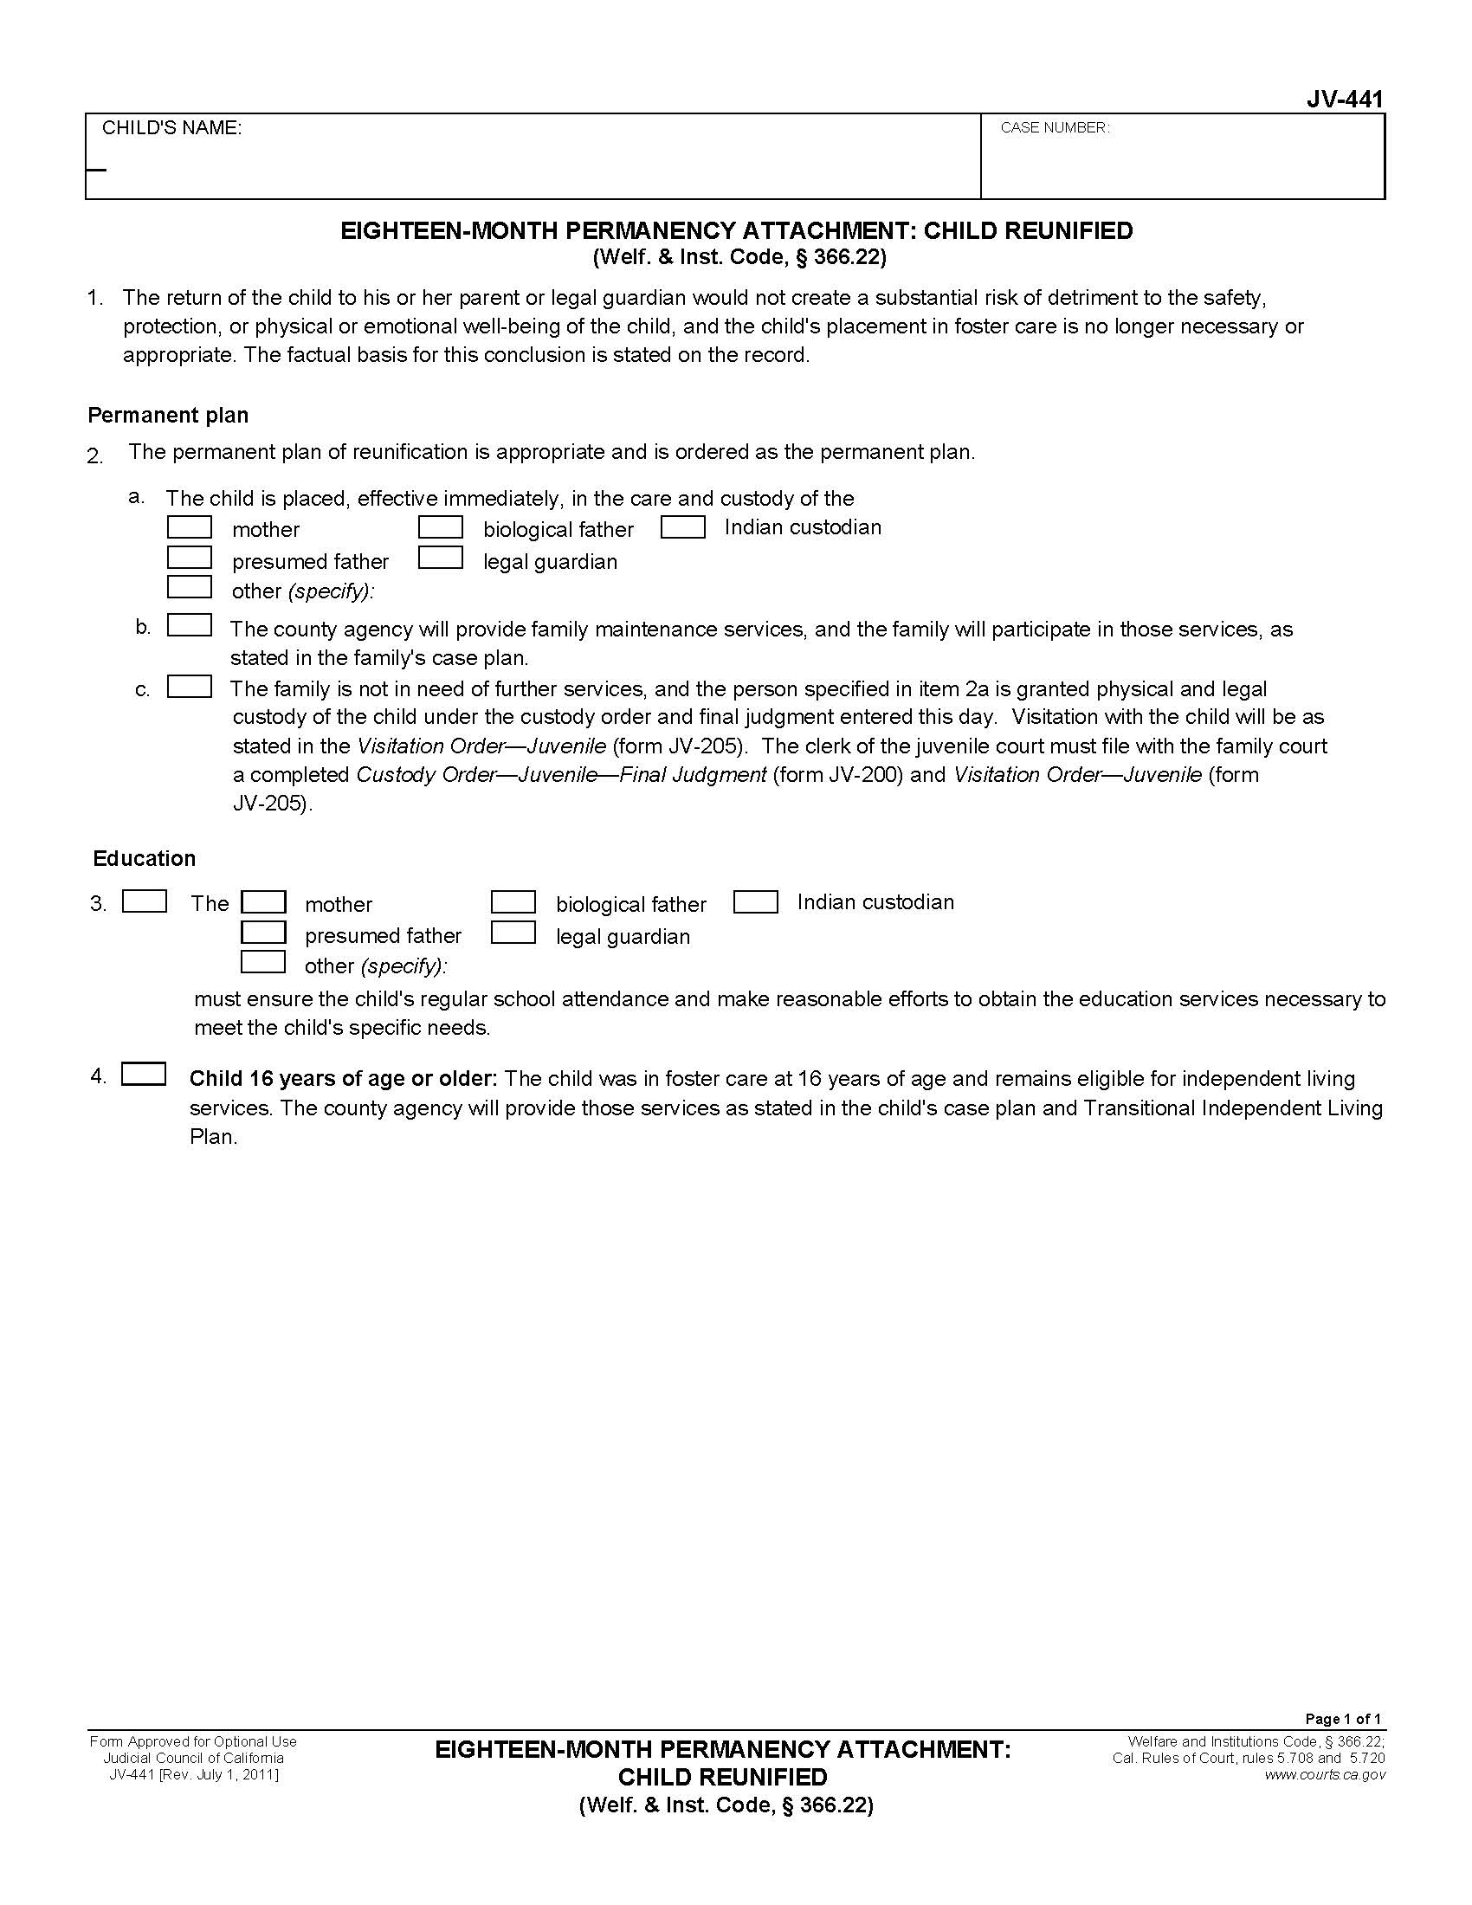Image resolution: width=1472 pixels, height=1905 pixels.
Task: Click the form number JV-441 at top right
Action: click(1344, 100)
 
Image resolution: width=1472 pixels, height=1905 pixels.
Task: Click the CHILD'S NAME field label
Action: click(171, 128)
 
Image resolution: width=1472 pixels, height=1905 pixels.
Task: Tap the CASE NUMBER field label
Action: click(1055, 128)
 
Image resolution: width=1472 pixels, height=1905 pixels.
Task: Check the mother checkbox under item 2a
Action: click(190, 527)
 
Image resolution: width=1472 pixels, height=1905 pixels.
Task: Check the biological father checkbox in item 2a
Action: click(441, 527)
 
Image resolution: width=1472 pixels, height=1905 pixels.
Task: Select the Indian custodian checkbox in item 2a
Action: click(683, 527)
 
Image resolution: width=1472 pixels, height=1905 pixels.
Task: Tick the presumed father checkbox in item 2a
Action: click(190, 559)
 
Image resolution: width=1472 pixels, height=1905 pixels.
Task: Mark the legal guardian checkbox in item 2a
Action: click(441, 559)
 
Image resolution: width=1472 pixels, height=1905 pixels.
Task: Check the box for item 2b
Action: click(190, 626)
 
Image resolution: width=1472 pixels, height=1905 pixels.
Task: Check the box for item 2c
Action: click(190, 688)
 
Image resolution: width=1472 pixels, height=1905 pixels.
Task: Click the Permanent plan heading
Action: click(168, 415)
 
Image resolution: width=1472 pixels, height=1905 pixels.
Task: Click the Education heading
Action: click(145, 858)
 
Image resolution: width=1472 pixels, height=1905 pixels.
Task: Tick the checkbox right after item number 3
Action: click(145, 902)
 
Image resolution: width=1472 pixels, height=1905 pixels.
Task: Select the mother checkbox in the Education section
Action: click(263, 902)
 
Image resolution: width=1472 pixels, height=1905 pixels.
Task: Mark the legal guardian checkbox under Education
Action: click(513, 933)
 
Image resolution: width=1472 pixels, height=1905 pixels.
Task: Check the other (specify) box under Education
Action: click(263, 962)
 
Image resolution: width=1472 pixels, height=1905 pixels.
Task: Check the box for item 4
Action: click(144, 1075)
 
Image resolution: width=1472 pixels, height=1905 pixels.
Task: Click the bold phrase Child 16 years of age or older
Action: click(344, 1079)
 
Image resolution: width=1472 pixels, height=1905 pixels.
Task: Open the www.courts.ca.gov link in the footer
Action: click(1325, 1774)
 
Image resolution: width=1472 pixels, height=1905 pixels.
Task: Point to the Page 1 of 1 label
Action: click(1343, 1719)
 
